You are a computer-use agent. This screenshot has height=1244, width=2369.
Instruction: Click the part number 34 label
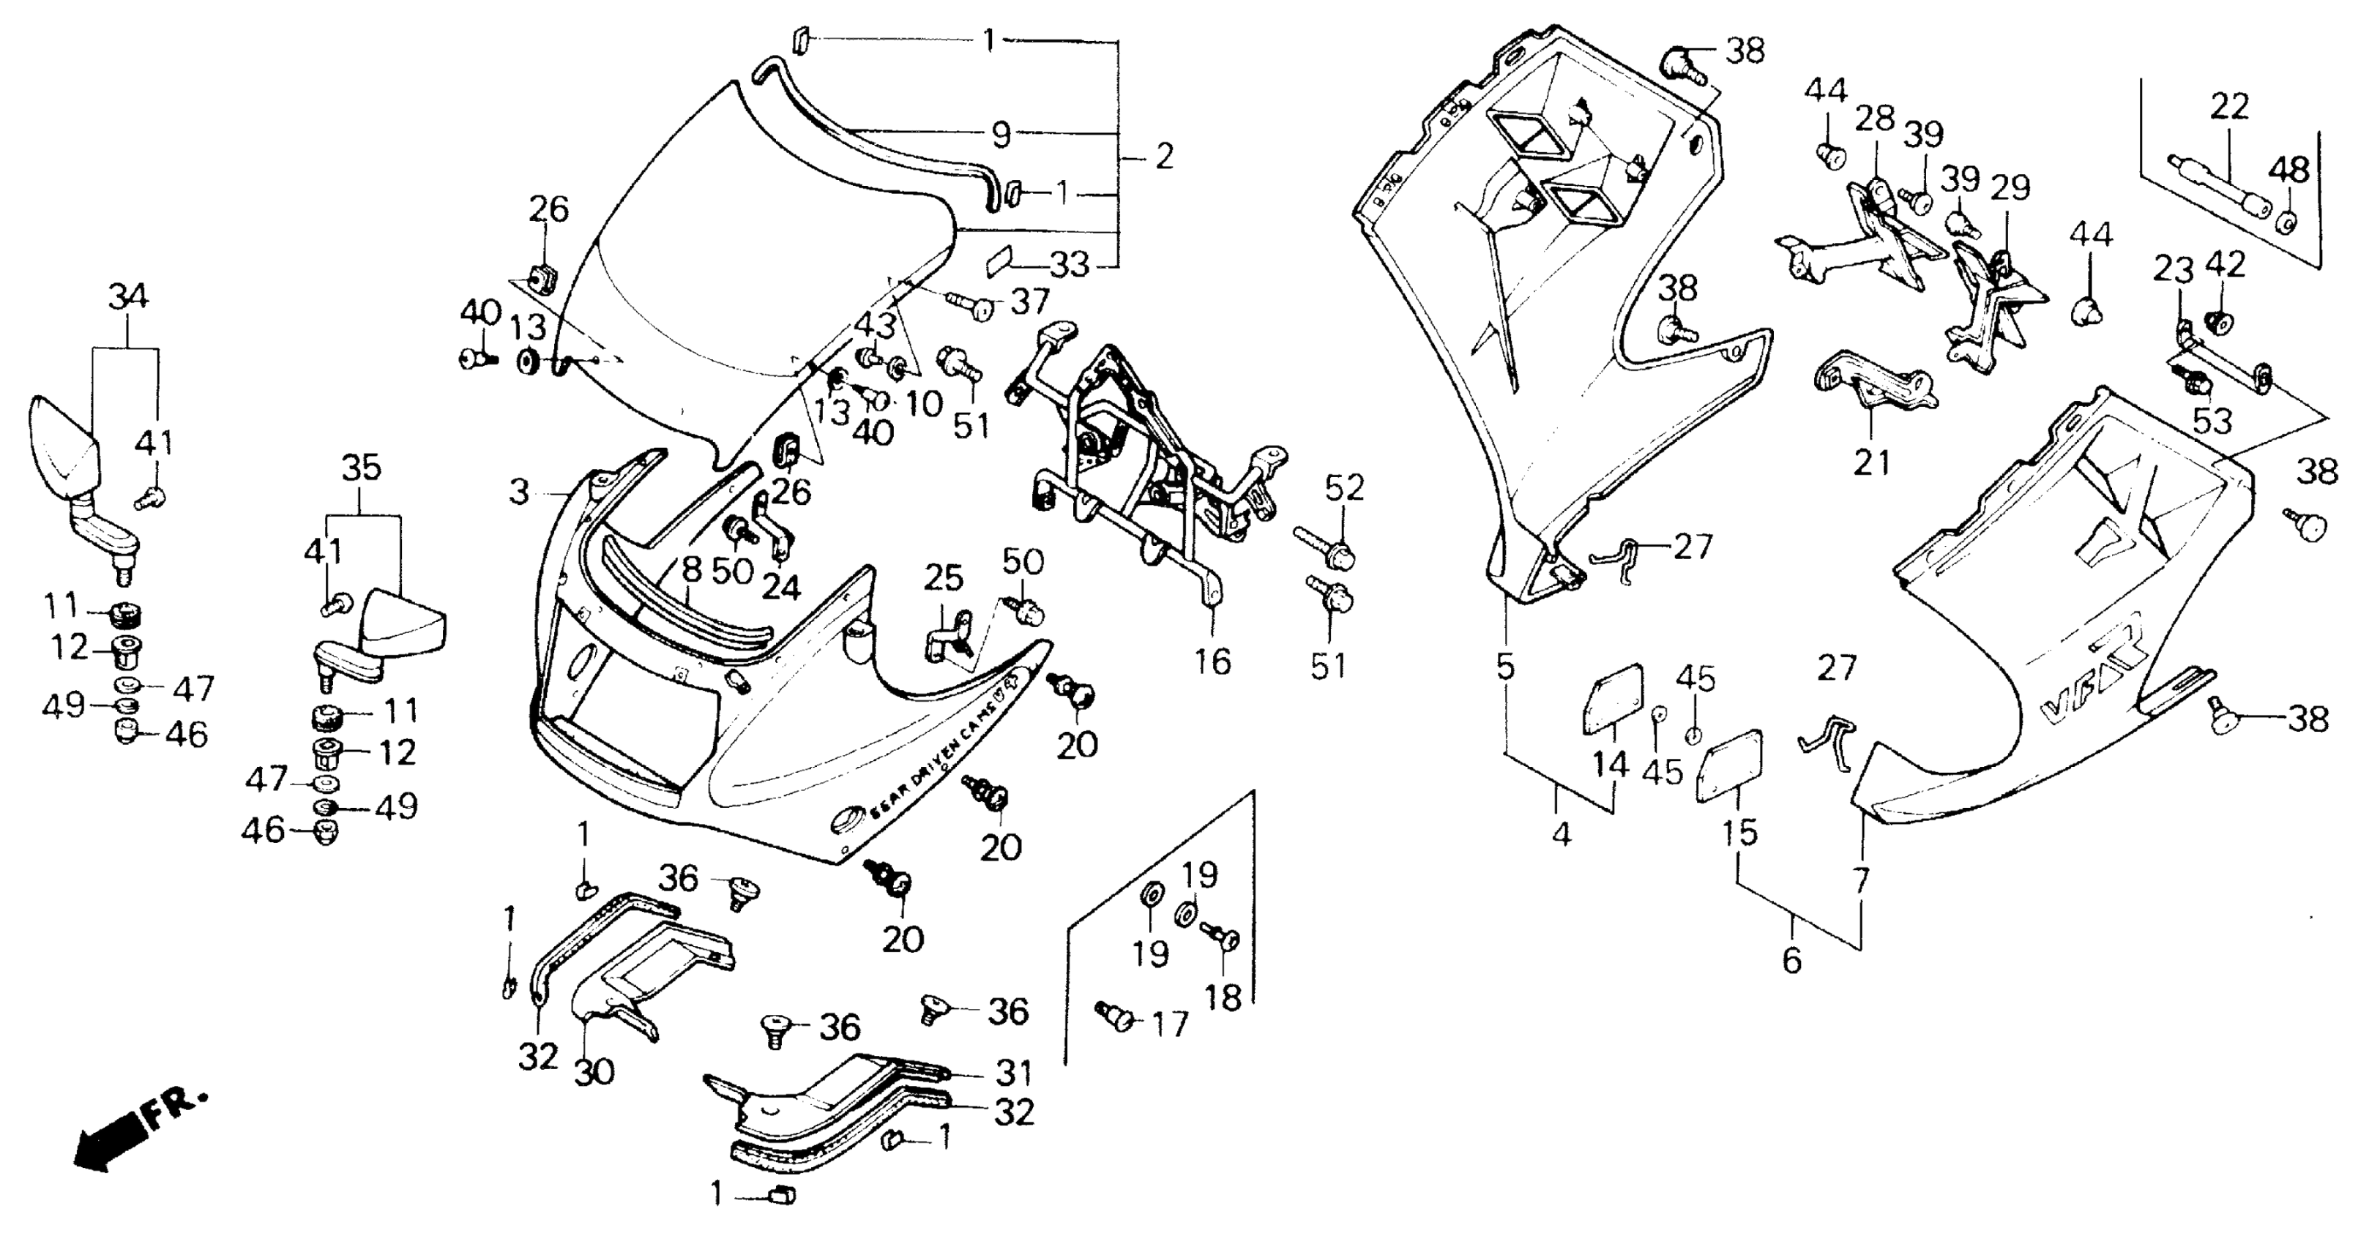coord(128,297)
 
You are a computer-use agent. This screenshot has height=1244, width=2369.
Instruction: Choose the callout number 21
coord(1871,462)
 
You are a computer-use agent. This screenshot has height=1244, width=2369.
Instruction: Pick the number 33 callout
coord(1070,266)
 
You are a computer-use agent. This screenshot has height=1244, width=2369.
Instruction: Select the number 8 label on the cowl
coord(692,570)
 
